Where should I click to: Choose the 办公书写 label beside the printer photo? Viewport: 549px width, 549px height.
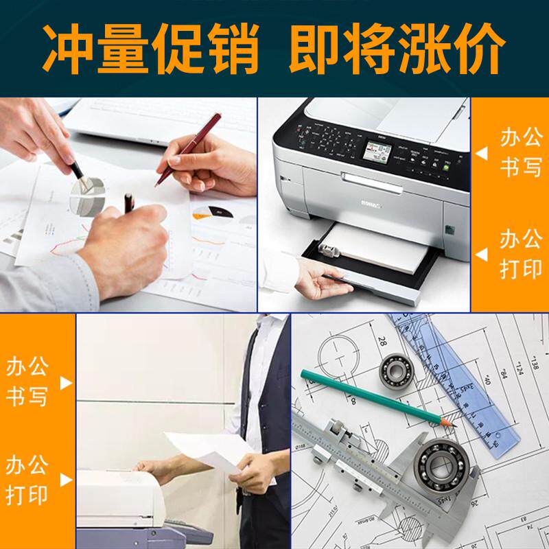(519, 152)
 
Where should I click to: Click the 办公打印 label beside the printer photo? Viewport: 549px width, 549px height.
(519, 254)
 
